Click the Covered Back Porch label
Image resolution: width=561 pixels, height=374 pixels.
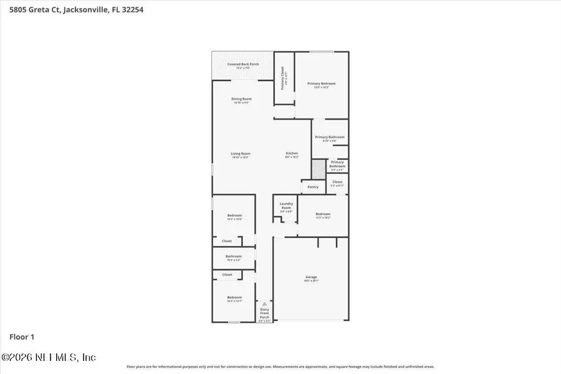[242, 65]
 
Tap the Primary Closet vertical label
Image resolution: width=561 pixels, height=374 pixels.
[282, 78]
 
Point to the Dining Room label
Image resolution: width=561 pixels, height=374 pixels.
[241, 100]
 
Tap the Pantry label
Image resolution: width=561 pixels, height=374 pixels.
[313, 187]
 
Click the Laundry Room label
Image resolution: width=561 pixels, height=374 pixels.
[286, 205]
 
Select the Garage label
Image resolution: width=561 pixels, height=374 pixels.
[311, 278]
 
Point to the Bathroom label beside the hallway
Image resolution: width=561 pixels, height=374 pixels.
[234, 257]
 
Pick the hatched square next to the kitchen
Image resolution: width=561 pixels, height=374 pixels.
[319, 168]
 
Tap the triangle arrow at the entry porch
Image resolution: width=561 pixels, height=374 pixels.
[264, 304]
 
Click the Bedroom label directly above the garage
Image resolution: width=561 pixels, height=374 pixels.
[322, 215]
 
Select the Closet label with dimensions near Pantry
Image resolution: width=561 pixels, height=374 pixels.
[337, 183]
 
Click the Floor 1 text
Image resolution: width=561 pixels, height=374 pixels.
[22, 337]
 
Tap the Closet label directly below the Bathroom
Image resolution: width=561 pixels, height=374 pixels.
[227, 274]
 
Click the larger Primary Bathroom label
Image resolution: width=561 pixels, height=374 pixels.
[329, 138]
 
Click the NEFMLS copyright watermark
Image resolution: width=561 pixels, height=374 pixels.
[49, 357]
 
